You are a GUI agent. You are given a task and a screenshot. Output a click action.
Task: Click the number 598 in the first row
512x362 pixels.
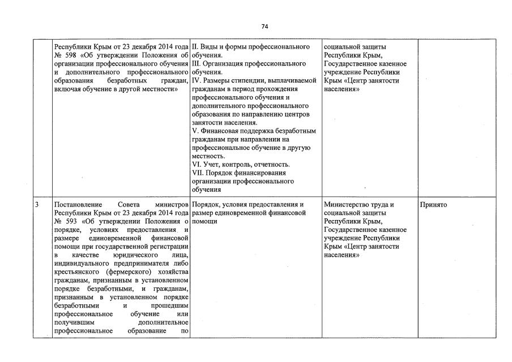pyautogui.click(x=69, y=55)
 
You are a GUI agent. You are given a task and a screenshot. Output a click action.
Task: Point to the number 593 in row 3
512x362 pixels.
pyautogui.click(x=69, y=221)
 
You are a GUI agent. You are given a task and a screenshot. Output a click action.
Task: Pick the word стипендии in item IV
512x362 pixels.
pyautogui.click(x=249, y=80)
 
